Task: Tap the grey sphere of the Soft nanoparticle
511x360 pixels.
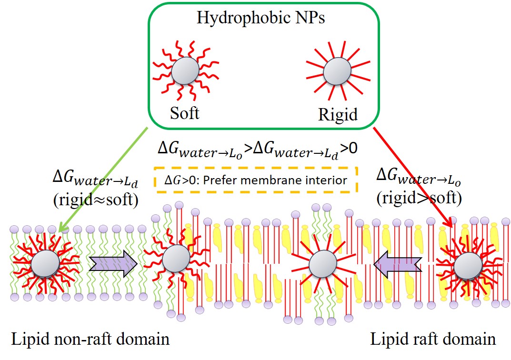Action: [185, 71]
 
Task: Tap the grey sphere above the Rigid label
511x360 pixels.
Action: [337, 72]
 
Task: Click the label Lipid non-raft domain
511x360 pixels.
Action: [90, 339]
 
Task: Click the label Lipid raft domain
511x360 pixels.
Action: [433, 339]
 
